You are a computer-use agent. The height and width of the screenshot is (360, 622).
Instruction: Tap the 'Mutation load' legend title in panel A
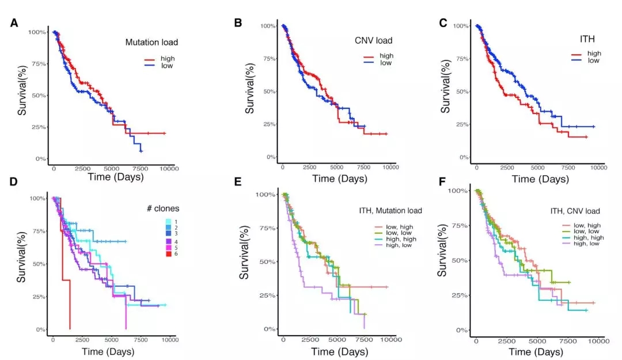click(x=151, y=42)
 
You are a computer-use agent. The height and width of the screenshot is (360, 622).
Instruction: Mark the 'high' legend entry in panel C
click(x=594, y=53)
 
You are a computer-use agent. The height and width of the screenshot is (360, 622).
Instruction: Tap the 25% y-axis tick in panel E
click(x=267, y=295)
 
